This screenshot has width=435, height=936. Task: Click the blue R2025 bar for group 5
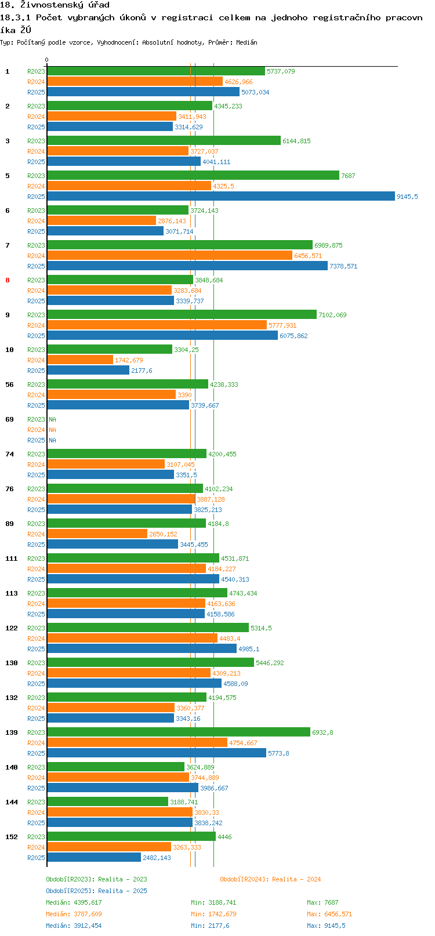(x=221, y=196)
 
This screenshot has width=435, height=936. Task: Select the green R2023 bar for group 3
(x=164, y=140)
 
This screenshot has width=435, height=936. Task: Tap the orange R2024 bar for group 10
(x=80, y=360)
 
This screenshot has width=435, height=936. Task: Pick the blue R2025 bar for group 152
(x=94, y=858)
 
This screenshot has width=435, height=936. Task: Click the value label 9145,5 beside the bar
(x=407, y=197)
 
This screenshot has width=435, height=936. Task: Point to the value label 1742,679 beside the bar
(x=129, y=360)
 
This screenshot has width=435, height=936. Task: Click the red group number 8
(x=8, y=280)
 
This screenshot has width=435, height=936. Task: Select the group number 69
(x=10, y=419)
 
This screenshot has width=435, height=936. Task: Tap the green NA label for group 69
(x=52, y=419)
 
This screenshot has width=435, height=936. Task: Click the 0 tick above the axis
(x=46, y=60)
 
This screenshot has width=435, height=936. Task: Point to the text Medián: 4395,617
(x=74, y=902)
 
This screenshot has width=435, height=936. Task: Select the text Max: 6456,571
(x=329, y=914)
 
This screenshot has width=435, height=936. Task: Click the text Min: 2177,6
(x=210, y=926)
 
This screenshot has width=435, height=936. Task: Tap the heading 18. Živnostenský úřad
(x=55, y=5)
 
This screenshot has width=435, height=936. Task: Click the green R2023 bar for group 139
(x=179, y=732)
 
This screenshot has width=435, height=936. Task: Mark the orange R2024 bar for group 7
(x=170, y=255)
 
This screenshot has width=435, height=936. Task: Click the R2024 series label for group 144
(x=36, y=812)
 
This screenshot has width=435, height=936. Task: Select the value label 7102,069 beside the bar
(x=332, y=315)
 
